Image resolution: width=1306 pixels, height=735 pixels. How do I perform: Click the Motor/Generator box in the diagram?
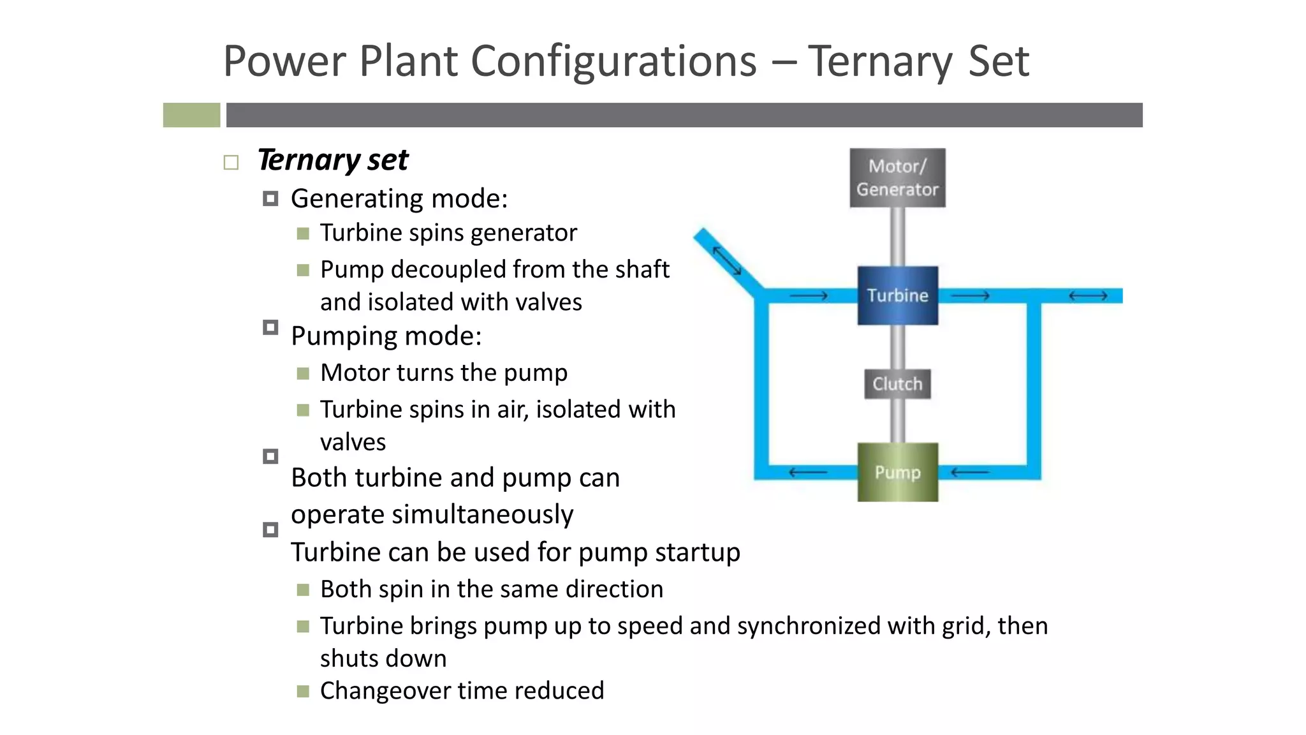tap(897, 178)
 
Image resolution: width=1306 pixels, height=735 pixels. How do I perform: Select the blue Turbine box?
tap(897, 295)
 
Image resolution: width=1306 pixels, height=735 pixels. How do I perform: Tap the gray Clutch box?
tap(897, 384)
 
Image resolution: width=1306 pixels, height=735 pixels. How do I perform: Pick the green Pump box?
tap(897, 472)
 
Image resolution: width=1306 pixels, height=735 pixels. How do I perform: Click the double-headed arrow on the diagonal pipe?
tap(726, 260)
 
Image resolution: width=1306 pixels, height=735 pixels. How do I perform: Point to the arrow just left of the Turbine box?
tap(808, 296)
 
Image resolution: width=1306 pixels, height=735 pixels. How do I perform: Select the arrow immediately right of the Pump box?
tap(970, 473)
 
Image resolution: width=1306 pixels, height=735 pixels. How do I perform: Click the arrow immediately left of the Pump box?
tap(808, 473)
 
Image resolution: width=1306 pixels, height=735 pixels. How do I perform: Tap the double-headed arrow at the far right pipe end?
tap(1088, 296)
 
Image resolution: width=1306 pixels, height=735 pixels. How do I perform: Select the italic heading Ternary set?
tap(333, 160)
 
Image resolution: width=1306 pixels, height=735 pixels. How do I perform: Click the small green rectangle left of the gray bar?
tap(191, 115)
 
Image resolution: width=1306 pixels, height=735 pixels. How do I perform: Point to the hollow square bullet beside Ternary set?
tap(231, 163)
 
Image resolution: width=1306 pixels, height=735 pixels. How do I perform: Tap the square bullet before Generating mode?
tap(270, 199)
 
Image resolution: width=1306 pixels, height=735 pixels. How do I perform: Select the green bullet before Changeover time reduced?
tap(303, 691)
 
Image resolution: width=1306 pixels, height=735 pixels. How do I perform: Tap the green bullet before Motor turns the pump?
tap(303, 373)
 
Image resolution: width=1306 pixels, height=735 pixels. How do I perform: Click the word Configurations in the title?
tap(613, 61)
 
